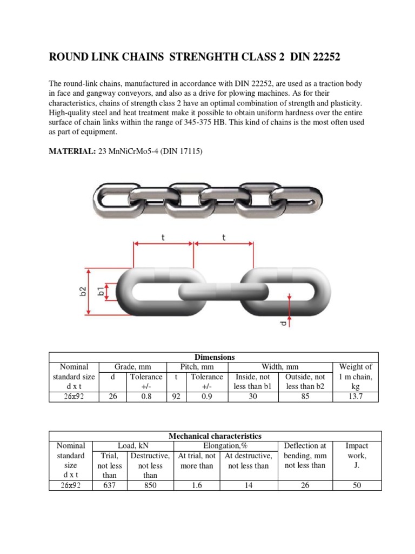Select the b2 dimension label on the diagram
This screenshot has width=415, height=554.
pos(83,292)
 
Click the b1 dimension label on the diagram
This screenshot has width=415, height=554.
pos(101,292)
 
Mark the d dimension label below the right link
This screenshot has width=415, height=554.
pos(284,324)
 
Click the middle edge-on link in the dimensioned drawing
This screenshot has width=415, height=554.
pos(223,291)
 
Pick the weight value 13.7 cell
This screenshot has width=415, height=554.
pos(355,397)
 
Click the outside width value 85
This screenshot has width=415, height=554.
pos(305,397)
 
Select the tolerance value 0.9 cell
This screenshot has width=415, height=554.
pos(206,397)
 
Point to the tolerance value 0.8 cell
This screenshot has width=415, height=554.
pos(145,397)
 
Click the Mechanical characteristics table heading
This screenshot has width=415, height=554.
pos(215,436)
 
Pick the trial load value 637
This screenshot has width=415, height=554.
pos(110,485)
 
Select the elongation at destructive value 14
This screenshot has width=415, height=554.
pos(249,485)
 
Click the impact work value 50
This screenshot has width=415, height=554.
pos(356,485)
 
